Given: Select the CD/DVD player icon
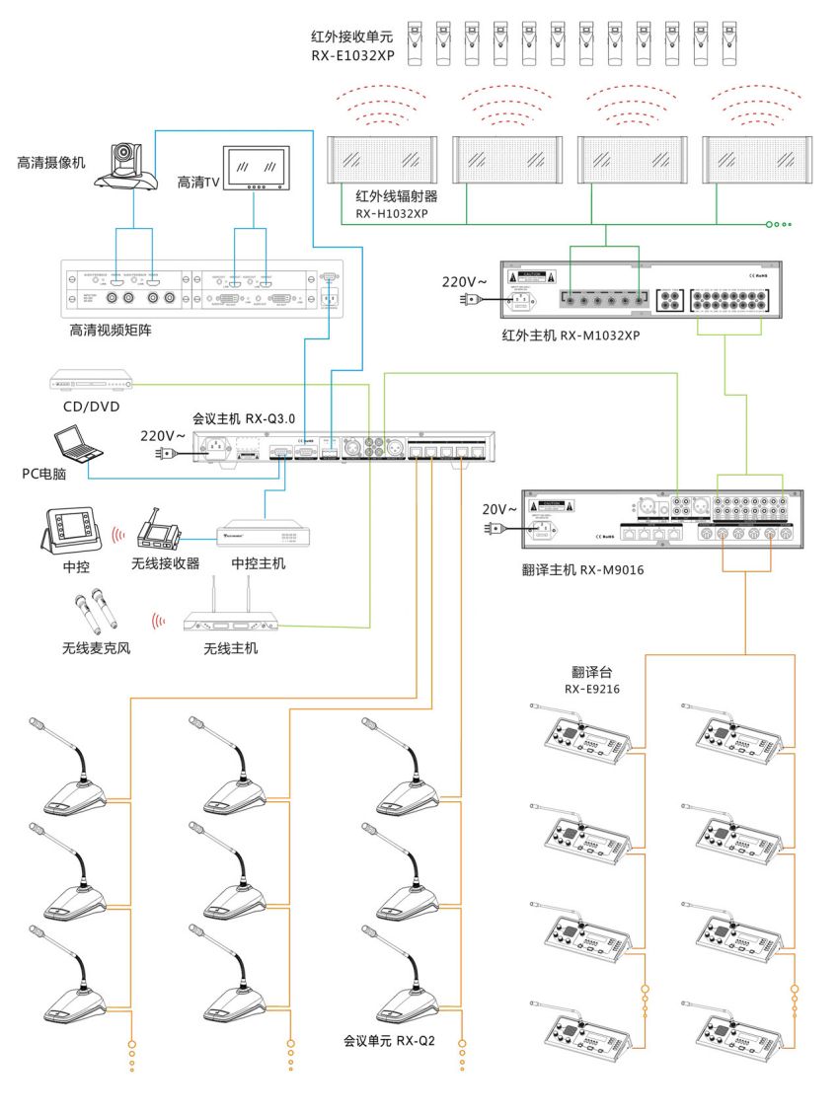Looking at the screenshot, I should click(x=91, y=379).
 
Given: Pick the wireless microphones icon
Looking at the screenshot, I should click(x=91, y=610).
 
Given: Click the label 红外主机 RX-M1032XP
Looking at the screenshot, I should click(x=571, y=335).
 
